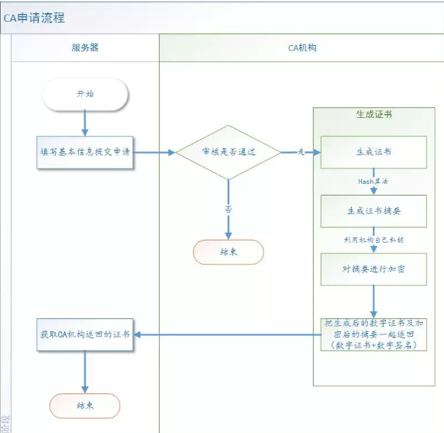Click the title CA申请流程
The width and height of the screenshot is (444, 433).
click(34, 17)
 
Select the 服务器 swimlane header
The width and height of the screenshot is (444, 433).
click(84, 47)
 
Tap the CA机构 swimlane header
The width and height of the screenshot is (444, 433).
click(301, 47)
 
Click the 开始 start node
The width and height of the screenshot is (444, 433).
click(84, 93)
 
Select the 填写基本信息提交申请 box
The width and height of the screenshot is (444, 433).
click(85, 151)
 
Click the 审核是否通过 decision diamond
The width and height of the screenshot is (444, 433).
click(228, 152)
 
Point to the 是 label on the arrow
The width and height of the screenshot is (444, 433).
click(300, 152)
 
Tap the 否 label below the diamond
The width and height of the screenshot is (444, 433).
click(228, 209)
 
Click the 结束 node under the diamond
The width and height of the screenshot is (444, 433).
click(228, 251)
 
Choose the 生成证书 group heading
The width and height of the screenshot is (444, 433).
click(373, 114)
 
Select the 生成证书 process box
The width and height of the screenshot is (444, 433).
click(373, 152)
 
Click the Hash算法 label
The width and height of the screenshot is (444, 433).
click(373, 181)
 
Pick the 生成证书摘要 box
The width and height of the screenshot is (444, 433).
click(373, 210)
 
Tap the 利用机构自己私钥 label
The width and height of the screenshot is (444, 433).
click(373, 239)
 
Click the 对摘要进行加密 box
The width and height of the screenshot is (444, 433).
click(373, 268)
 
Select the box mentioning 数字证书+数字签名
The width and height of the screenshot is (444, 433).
click(373, 334)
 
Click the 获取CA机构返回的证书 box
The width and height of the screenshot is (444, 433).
click(85, 334)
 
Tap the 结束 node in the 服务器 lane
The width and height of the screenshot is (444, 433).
click(84, 405)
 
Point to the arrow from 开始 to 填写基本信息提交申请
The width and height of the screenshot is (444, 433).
click(84, 123)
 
